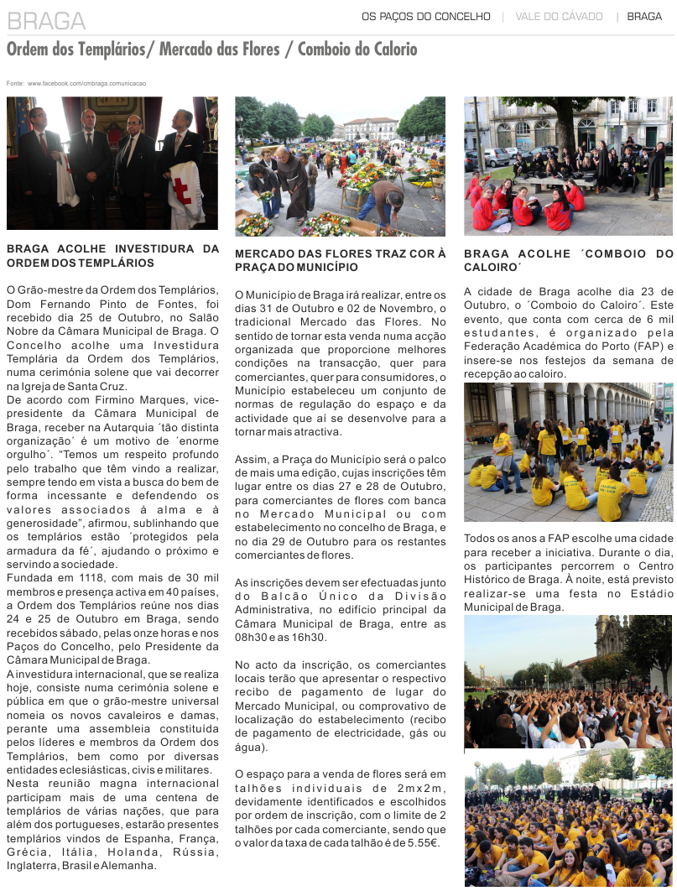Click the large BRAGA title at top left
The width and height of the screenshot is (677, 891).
coord(46,21)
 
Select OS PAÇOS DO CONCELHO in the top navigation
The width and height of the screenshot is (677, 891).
coord(425,16)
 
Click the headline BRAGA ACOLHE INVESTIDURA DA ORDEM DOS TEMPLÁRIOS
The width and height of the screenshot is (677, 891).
coord(112,255)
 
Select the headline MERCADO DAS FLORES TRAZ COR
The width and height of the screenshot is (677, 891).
coord(340,260)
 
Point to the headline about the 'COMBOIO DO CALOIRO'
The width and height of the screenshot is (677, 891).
coord(568,260)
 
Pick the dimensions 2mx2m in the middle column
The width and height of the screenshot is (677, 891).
coord(414,789)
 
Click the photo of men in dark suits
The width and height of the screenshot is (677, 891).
coord(112,164)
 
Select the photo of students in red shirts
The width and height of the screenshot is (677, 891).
coord(568,166)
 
